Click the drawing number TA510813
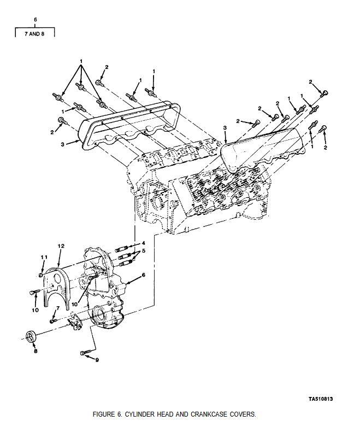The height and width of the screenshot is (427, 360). [321, 399]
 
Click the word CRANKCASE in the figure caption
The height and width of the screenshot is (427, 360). [209, 414]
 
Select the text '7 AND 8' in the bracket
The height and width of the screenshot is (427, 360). [34, 34]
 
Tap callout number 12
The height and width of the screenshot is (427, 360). [61, 246]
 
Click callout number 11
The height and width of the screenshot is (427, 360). [44, 257]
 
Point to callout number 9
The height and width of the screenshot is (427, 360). [97, 360]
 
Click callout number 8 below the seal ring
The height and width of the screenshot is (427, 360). [36, 351]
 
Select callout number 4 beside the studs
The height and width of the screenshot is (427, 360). [144, 243]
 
